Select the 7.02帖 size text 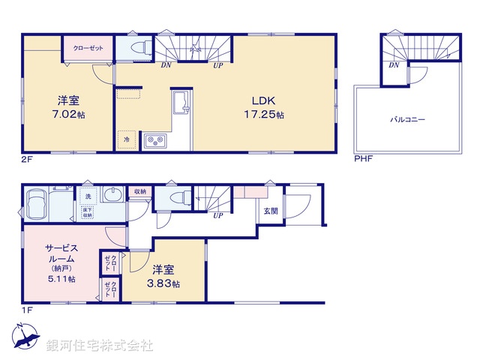click(x=67, y=115)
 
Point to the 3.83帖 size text click(x=166, y=283)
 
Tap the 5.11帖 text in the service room click(x=61, y=279)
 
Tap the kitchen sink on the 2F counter click(x=181, y=101)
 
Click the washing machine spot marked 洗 click(x=88, y=196)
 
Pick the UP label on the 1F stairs click(x=218, y=216)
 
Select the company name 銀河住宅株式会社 click(x=99, y=346)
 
